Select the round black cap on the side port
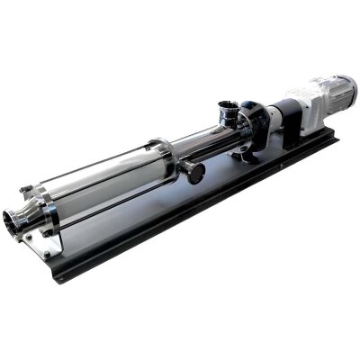pyautogui.click(x=195, y=172)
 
